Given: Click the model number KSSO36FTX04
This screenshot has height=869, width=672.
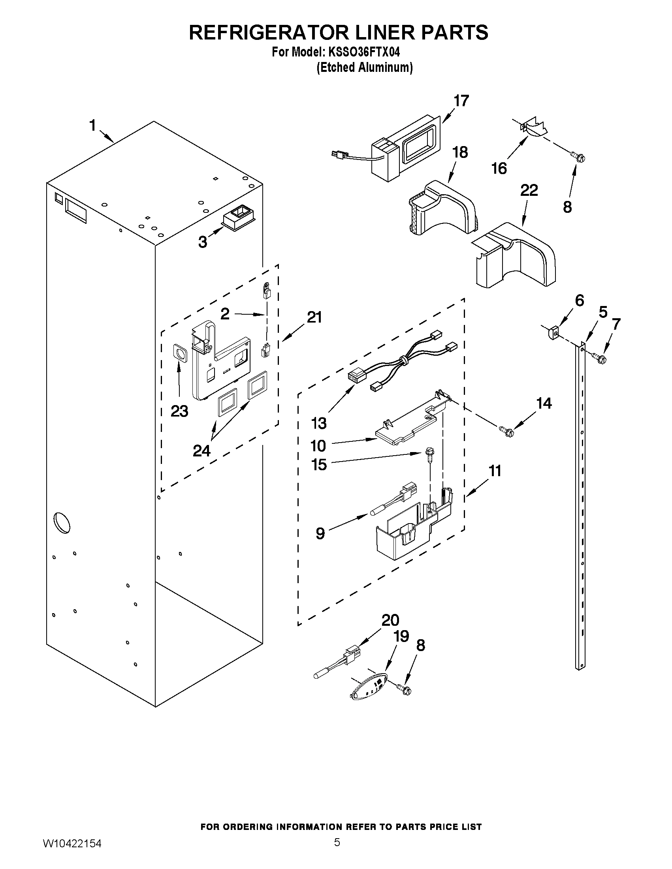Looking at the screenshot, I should pyautogui.click(x=364, y=52).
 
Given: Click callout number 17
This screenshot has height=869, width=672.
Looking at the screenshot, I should pyautogui.click(x=461, y=101).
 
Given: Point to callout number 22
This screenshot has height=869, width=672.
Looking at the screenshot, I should pyautogui.click(x=529, y=190).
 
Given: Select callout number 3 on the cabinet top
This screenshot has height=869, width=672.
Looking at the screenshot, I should pyautogui.click(x=203, y=242).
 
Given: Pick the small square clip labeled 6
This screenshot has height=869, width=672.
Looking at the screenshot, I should pyautogui.click(x=553, y=332).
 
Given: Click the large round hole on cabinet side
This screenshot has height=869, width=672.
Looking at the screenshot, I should pyautogui.click(x=62, y=523).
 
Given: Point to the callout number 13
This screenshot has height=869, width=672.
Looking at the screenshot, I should pyautogui.click(x=319, y=423).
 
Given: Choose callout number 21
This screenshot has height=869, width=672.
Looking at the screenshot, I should pyautogui.click(x=314, y=317).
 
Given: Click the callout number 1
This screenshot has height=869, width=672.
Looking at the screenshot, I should pyautogui.click(x=92, y=125).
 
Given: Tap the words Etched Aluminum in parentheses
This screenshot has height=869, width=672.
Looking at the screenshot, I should pyautogui.click(x=364, y=67).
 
